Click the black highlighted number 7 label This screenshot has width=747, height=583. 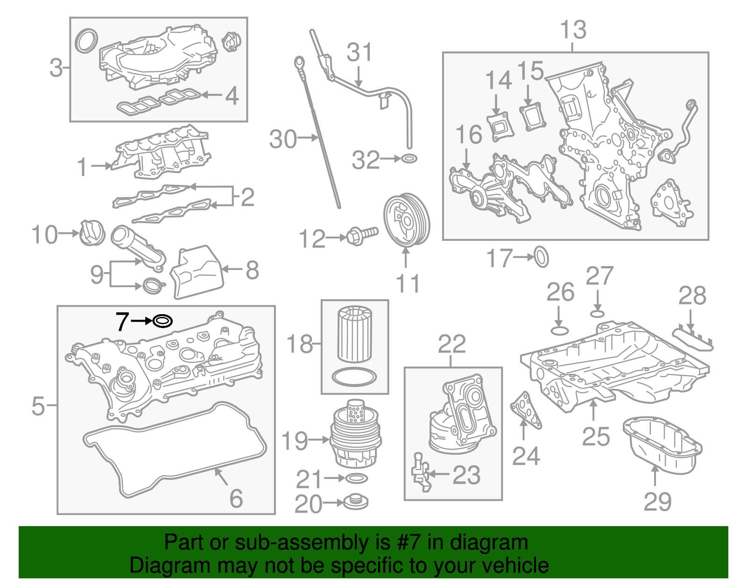pyautogui.click(x=122, y=322)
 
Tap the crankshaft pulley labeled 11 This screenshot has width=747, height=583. pyautogui.click(x=406, y=220)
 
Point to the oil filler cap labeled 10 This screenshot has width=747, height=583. pyautogui.click(x=92, y=232)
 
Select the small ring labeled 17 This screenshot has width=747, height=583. pyautogui.click(x=541, y=257)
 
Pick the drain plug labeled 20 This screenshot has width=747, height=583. pyautogui.click(x=356, y=503)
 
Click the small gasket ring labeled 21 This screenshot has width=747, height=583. pyautogui.click(x=357, y=478)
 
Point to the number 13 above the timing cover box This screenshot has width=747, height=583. pyautogui.click(x=573, y=30)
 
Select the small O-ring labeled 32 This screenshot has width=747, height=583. pyautogui.click(x=409, y=159)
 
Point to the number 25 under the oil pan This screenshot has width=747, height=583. pyautogui.click(x=596, y=436)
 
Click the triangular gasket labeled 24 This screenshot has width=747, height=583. pyautogui.click(x=526, y=409)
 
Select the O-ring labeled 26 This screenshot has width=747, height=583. pyautogui.click(x=559, y=331)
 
